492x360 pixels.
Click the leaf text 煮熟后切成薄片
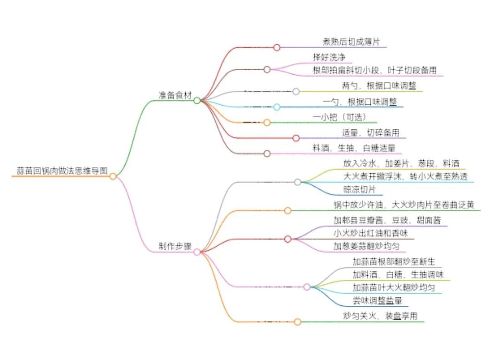pyautogui.click(x=351, y=42)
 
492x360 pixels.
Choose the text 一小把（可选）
pyautogui.click(x=340, y=117)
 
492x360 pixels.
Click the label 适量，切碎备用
pyautogui.click(x=371, y=133)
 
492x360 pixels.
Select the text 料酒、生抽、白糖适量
pyautogui.click(x=354, y=148)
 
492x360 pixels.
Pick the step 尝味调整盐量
pyautogui.click(x=378, y=300)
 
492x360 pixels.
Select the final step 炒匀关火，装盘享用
pyautogui.click(x=380, y=316)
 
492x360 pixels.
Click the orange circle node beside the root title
pyautogui.click(x=113, y=176)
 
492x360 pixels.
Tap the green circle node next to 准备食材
pyautogui.click(x=197, y=101)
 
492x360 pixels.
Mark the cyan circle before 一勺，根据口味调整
pyautogui.click(x=277, y=107)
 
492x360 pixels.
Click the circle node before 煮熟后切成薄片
pyautogui.click(x=277, y=47)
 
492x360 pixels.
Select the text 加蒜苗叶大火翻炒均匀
pyautogui.click(x=394, y=288)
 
